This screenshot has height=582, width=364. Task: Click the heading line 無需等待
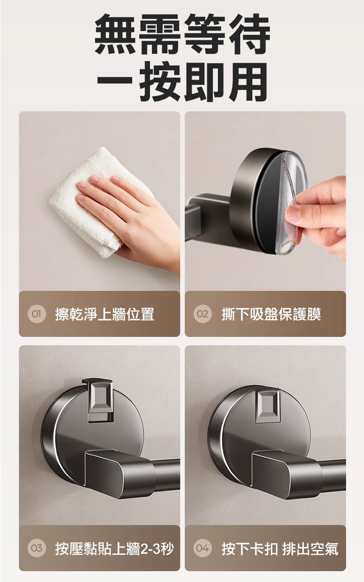click(182, 34)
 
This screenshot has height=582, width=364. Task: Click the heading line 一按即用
click(182, 81)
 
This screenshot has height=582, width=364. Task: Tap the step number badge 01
click(37, 314)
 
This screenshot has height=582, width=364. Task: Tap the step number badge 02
click(202, 314)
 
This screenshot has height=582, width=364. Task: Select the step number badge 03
click(37, 548)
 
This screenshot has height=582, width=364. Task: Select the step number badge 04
click(202, 548)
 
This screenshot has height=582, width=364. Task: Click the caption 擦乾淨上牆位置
click(104, 314)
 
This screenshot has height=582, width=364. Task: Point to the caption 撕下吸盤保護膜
click(271, 314)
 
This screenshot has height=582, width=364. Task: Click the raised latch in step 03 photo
click(100, 399)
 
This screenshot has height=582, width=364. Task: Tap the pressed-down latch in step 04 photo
click(268, 406)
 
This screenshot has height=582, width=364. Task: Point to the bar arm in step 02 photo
click(205, 217)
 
